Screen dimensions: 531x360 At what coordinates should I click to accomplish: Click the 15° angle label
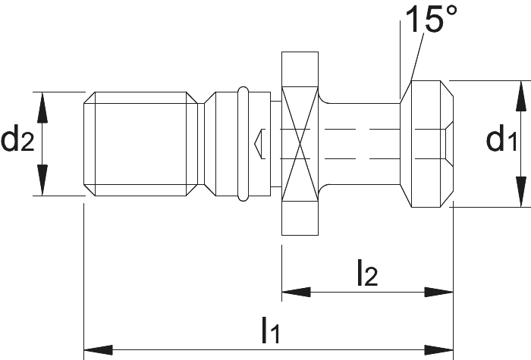click(431, 19)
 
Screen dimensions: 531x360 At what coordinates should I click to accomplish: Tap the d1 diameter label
click(501, 138)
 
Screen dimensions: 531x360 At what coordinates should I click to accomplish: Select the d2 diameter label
click(17, 138)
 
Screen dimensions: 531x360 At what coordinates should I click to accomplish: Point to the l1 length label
click(271, 330)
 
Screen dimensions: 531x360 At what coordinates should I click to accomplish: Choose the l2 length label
click(367, 272)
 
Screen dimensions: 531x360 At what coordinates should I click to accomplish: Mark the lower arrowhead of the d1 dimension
click(521, 192)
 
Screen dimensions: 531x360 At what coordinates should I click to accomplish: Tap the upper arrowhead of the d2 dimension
click(42, 108)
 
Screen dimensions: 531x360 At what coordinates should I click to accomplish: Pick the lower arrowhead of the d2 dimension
click(42, 180)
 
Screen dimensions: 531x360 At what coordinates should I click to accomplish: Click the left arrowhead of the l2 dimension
click(296, 292)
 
